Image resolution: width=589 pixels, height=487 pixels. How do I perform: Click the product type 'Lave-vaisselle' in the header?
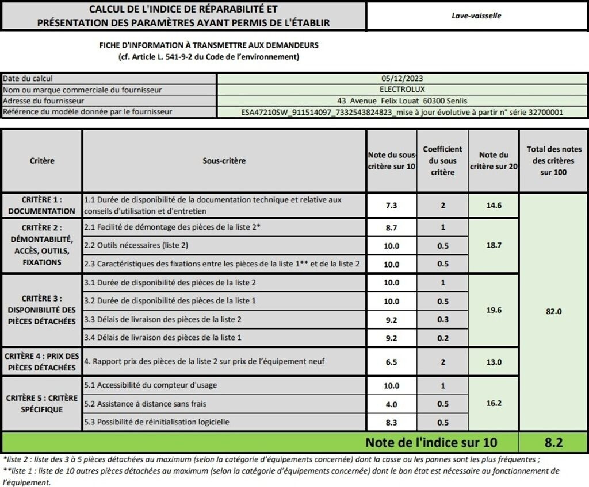tap(476, 16)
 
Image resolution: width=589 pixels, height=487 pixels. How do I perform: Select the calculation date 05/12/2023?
tap(401, 79)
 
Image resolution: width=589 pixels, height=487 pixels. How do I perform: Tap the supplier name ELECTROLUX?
tap(401, 90)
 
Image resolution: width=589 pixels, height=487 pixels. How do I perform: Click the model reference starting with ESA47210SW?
tap(401, 113)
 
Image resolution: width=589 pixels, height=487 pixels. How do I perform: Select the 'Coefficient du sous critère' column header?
tap(442, 161)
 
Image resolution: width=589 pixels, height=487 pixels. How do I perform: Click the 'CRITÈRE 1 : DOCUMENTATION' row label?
tap(42, 205)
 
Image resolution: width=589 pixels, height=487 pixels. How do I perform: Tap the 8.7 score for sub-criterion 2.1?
tap(391, 227)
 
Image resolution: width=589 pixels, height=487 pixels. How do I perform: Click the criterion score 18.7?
tap(494, 245)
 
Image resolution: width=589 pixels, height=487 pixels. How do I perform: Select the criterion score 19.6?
tap(494, 310)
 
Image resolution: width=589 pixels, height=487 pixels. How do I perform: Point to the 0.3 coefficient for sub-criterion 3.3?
tap(442, 319)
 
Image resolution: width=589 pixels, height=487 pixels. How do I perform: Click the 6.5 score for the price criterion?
tap(391, 362)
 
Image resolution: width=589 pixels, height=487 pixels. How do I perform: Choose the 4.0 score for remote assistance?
tap(391, 404)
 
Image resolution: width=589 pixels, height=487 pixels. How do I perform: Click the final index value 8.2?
tap(553, 443)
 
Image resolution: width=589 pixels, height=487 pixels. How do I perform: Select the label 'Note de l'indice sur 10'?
tap(431, 443)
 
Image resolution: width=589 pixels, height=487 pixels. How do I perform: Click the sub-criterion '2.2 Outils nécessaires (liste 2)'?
tap(136, 246)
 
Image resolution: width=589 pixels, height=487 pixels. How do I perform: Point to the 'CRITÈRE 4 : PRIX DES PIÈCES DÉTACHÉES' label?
tap(42, 362)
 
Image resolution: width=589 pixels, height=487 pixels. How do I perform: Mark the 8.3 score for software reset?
tap(391, 422)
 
